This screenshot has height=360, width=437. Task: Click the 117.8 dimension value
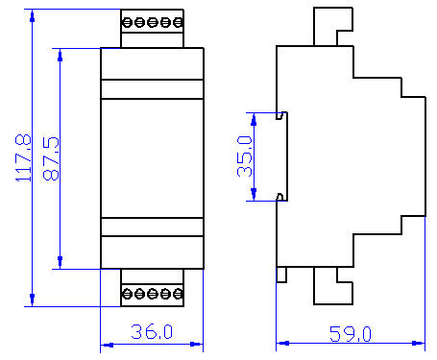[23, 157]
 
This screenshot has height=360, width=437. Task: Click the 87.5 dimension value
[51, 158]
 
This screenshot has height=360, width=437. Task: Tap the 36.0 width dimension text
[152, 331]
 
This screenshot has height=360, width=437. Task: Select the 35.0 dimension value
[245, 156]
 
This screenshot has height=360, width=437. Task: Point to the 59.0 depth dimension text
[351, 334]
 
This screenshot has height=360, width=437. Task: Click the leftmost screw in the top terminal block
[128, 22]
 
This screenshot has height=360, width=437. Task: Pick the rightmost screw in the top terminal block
[178, 22]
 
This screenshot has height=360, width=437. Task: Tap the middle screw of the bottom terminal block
[153, 294]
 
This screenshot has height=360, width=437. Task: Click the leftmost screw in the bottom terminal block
[128, 294]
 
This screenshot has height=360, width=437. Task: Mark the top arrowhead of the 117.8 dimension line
[32, 16]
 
